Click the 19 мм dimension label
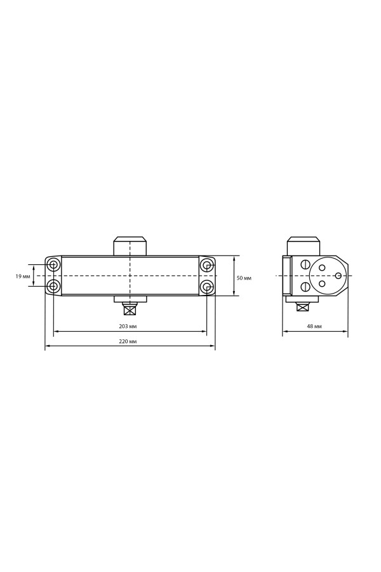pos(23,276)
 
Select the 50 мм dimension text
pos(244,278)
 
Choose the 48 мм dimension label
pos(314,326)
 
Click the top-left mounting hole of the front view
pos(53,264)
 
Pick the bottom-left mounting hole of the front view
pos(53,287)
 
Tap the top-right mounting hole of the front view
pos(207,264)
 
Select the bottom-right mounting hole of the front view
pos(207,287)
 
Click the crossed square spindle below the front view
pos(130,310)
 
